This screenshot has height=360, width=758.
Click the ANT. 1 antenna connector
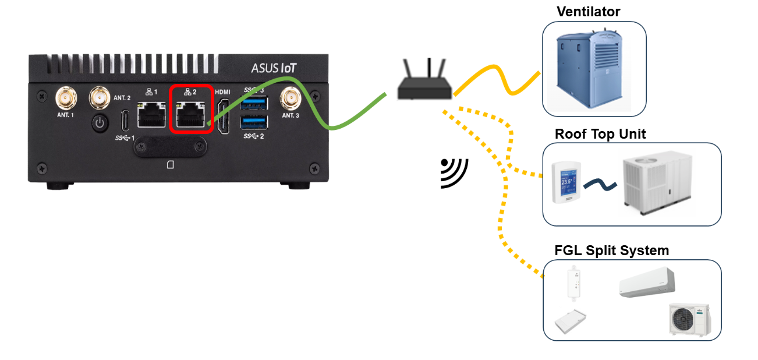click(x=65, y=98)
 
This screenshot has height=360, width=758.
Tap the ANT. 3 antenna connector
click(x=289, y=98)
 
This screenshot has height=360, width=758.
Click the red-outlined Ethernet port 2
click(x=190, y=115)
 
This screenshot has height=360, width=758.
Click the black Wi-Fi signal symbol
click(x=454, y=172)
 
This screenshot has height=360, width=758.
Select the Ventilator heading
click(x=588, y=12)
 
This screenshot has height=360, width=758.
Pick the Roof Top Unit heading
click(x=600, y=134)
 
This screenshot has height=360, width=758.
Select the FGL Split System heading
click(x=611, y=250)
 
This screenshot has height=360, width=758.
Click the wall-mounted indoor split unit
click(x=646, y=282)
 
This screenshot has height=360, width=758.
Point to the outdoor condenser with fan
click(x=688, y=319)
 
